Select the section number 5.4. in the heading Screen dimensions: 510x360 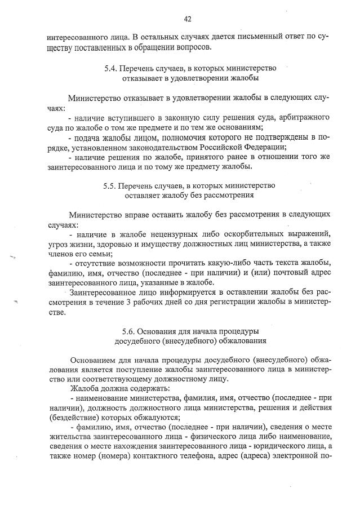(110, 68)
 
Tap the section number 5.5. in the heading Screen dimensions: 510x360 (110, 185)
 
